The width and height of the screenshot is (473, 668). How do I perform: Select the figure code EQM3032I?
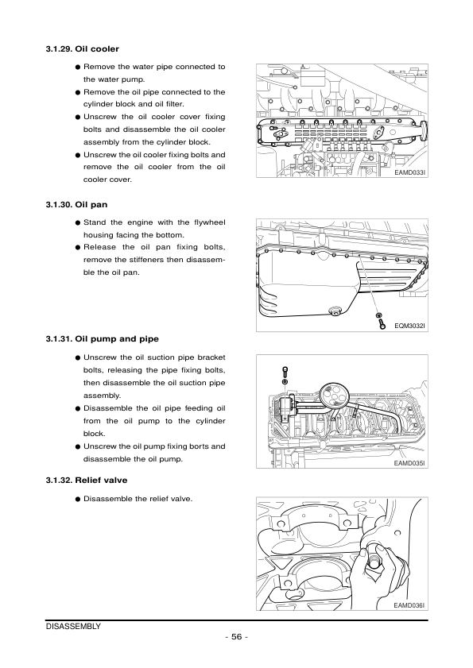(x=409, y=326)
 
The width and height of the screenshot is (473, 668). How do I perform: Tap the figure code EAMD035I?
(x=409, y=462)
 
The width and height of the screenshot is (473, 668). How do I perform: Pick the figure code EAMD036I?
(x=409, y=605)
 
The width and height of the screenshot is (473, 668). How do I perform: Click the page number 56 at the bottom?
(x=237, y=637)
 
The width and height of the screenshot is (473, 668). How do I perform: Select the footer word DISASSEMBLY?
(x=73, y=626)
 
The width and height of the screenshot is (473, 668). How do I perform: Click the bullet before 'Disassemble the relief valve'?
(x=77, y=499)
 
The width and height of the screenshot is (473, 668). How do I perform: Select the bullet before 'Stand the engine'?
(x=77, y=222)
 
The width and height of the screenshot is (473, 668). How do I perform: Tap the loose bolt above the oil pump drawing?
(x=285, y=373)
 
